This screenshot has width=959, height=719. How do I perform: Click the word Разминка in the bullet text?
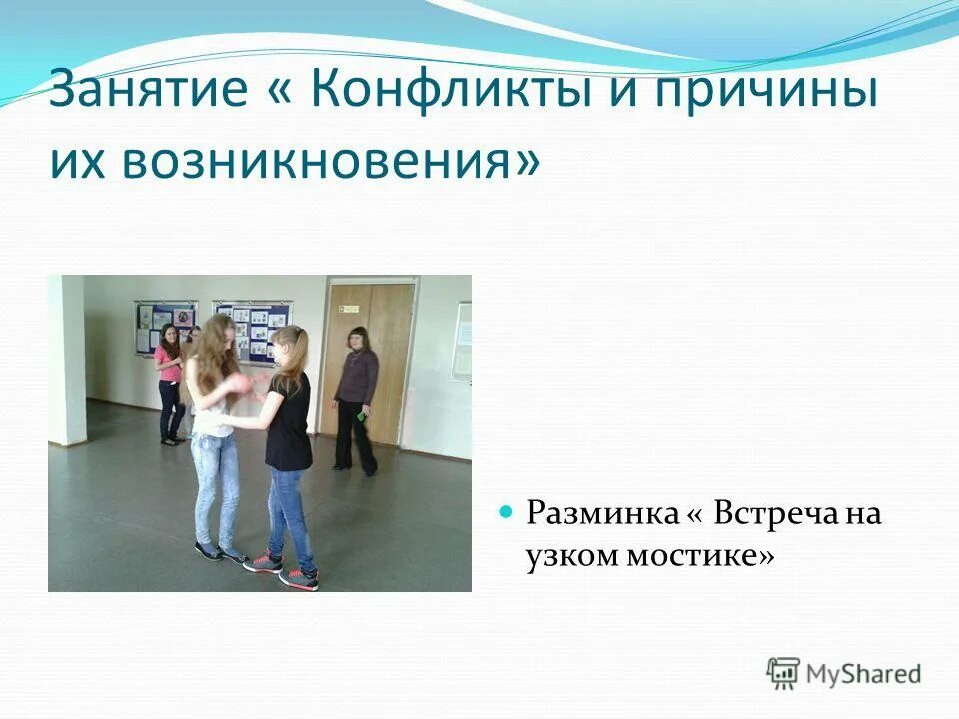click(x=600, y=515)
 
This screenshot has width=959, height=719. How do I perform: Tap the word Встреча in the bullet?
click(x=763, y=515)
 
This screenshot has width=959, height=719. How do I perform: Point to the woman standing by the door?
click(x=355, y=399)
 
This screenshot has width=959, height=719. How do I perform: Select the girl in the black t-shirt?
click(x=289, y=439)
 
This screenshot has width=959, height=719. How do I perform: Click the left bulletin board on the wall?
click(x=165, y=325)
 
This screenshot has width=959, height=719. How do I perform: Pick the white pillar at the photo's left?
click(x=66, y=359)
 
